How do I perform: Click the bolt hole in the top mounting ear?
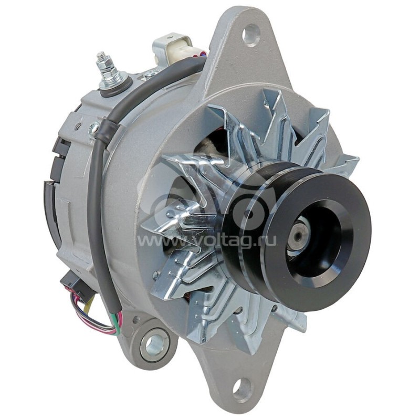pyautogui.click(x=251, y=35)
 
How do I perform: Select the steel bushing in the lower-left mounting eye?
pyautogui.click(x=155, y=344)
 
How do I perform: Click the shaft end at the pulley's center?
pyautogui.click(x=298, y=237)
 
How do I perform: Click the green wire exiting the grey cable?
pyautogui.click(x=113, y=317)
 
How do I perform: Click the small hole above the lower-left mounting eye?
pyautogui.click(x=138, y=319)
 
